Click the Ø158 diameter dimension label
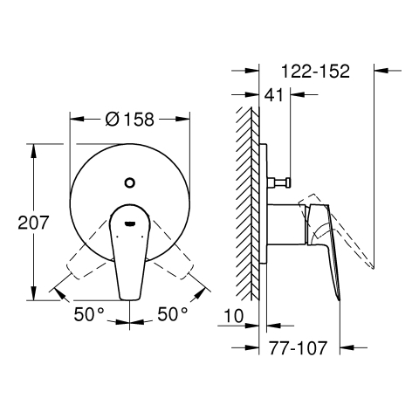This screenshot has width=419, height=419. (129, 119)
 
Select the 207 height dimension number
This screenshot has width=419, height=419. (33, 223)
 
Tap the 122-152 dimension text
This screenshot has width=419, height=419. (315, 71)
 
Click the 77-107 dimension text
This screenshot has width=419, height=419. (298, 347)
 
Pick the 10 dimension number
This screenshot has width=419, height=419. (234, 316)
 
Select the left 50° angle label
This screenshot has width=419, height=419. (89, 314)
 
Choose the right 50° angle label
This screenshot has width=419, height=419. (173, 314)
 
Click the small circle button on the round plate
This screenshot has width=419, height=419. (130, 182)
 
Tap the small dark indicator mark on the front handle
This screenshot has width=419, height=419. (130, 223)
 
